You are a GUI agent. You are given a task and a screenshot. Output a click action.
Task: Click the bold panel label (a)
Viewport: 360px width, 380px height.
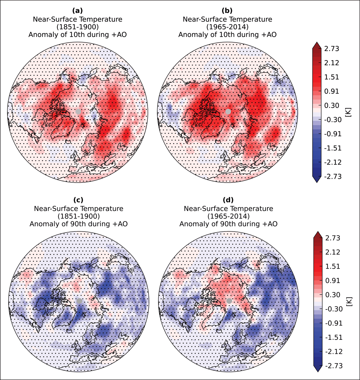(77, 11)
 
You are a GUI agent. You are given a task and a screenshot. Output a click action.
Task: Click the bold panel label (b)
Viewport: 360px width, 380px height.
(227, 11)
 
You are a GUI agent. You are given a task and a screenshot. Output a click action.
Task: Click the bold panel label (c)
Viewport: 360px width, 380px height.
(78, 200)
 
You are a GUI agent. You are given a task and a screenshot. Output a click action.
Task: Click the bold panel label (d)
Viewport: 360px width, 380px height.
(228, 200)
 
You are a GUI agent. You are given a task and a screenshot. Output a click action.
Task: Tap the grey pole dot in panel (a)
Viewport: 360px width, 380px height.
(78, 111)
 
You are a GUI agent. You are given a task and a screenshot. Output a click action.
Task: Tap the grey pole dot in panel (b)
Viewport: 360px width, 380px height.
(228, 111)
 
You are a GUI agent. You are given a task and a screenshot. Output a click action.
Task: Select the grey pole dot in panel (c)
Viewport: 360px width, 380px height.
(79, 301)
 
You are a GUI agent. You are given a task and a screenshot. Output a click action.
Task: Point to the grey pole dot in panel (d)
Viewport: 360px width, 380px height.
(229, 301)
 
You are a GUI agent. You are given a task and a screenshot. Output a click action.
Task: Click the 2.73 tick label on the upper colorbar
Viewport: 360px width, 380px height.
(331, 49)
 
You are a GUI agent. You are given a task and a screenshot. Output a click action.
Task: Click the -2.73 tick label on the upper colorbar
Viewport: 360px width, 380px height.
(333, 176)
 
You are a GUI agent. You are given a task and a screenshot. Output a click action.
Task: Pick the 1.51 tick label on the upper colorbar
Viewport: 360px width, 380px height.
(331, 77)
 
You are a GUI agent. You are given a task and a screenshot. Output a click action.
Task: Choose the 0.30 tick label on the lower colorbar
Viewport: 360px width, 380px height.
(333, 295)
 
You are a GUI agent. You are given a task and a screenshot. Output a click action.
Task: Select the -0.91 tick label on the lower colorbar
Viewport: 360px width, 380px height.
(334, 323)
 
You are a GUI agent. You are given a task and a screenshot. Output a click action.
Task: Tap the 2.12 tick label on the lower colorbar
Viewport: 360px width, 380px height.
(333, 252)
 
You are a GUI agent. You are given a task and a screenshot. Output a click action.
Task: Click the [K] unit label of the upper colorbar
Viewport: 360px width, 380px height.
(349, 112)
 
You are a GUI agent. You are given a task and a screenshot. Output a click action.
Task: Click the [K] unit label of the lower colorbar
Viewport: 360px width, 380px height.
(350, 302)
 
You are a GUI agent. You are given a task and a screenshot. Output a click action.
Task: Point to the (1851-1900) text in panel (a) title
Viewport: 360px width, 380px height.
(77, 27)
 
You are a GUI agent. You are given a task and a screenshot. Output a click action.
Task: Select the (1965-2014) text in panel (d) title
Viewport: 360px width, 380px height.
(228, 216)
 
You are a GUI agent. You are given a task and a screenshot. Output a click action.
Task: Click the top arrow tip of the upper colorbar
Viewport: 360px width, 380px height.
(317, 42)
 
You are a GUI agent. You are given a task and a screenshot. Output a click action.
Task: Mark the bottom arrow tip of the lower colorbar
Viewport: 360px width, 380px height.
(318, 372)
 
